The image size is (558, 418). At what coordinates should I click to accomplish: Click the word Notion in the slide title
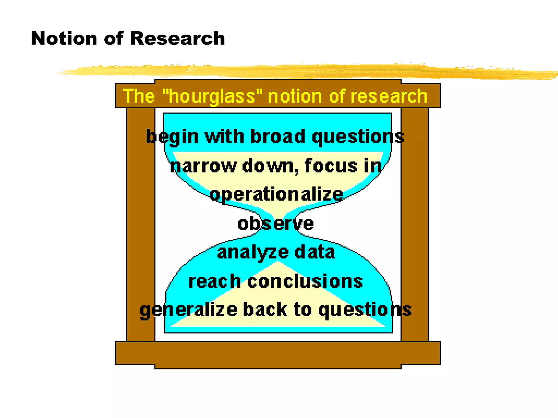pos(64,38)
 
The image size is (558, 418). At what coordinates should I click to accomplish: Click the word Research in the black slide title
pos(177,38)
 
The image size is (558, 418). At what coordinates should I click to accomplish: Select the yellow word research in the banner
pos(389,96)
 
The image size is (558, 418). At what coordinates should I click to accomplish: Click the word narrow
pos(203,166)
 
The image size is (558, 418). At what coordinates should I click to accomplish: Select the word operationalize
pos(276,195)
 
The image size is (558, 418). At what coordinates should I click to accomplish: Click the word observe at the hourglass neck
pos(275,224)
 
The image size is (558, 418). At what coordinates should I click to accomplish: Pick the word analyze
pos(253,253)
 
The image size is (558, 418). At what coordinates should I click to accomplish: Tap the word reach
pos(215,281)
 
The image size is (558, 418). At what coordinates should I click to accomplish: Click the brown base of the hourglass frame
pos(278,354)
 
